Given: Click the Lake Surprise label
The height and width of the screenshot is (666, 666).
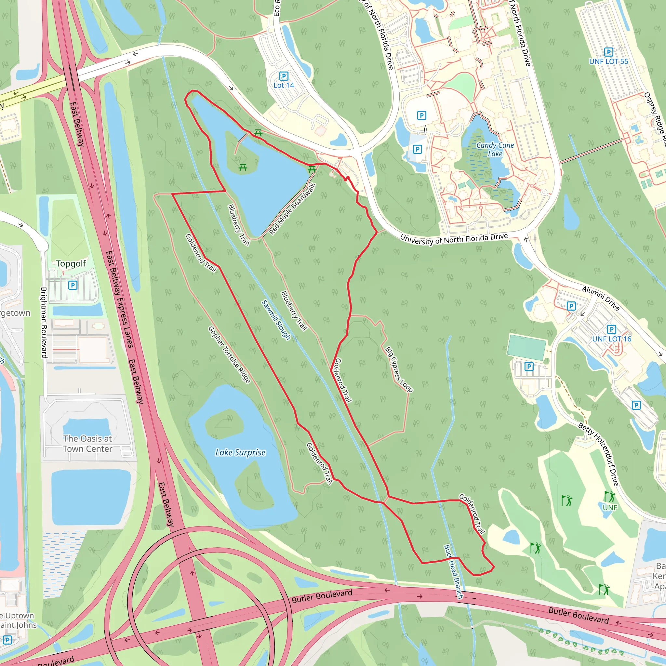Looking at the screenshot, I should [x=240, y=453].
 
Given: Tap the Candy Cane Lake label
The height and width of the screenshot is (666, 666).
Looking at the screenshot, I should [x=495, y=150].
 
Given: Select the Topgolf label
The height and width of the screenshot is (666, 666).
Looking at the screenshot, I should [x=71, y=264].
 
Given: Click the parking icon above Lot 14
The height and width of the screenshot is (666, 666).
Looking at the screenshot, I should [x=284, y=76].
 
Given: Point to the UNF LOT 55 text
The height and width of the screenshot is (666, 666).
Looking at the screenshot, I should [x=608, y=62].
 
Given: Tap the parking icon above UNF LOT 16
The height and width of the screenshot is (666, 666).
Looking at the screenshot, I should [x=612, y=329].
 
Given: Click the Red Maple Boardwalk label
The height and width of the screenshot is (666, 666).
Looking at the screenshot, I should [x=292, y=209].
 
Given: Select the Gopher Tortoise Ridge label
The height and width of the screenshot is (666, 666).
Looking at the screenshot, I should [x=229, y=355].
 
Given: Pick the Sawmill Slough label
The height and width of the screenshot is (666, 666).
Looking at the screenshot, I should [x=276, y=320].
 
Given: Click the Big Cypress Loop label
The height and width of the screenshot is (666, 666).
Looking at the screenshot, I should [x=399, y=369].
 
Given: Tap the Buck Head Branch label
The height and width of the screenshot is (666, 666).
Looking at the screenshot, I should [x=453, y=572].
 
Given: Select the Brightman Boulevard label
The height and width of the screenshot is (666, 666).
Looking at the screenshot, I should [x=44, y=323].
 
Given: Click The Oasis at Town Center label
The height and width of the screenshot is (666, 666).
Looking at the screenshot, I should [x=87, y=444].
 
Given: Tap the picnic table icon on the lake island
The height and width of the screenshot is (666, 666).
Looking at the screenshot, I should [x=243, y=167].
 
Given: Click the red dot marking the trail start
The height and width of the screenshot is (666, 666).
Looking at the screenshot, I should [x=348, y=178].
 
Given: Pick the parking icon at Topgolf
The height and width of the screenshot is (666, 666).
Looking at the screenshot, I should [x=73, y=285].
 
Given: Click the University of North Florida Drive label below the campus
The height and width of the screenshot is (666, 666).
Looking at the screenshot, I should [x=454, y=239].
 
